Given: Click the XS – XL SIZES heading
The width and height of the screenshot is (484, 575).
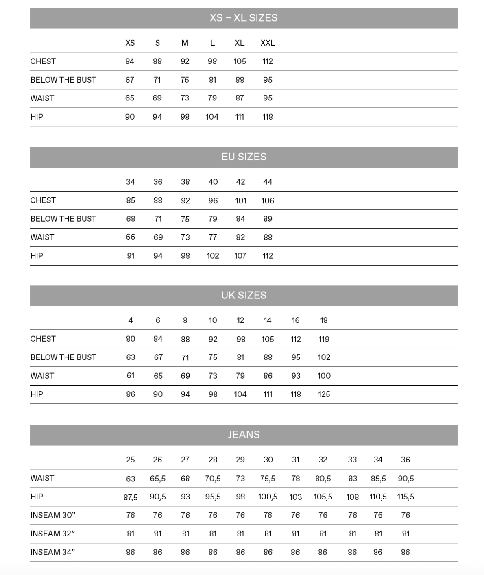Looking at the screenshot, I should (243, 18).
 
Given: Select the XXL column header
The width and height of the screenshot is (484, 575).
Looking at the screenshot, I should (268, 43).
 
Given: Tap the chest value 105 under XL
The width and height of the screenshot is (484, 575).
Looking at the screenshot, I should (240, 61).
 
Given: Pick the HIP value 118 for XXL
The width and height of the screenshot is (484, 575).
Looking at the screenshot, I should (268, 117).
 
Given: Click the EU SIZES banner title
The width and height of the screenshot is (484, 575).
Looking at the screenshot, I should (244, 157).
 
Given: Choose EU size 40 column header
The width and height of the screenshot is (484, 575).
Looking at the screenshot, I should (213, 182).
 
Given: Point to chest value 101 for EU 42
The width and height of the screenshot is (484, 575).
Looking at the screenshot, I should (240, 200).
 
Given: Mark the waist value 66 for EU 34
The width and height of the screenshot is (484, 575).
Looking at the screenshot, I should (130, 237).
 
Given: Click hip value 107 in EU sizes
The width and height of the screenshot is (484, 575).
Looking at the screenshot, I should (240, 256).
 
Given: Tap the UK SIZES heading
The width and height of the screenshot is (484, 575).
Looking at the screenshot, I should (244, 296).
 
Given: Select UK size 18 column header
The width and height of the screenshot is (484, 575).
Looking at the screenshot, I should (324, 320).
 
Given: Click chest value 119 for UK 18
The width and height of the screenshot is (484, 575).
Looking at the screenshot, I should (324, 339).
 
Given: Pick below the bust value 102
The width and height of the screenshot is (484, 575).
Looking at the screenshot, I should (324, 357).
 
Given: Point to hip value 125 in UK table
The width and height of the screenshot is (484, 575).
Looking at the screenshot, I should (324, 394).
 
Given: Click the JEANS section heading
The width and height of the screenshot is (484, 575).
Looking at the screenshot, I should (244, 435).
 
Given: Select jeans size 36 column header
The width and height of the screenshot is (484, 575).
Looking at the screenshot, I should (406, 460).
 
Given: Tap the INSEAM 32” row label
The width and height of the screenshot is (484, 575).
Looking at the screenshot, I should (52, 534).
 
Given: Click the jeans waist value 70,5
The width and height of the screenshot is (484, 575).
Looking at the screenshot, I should (213, 479).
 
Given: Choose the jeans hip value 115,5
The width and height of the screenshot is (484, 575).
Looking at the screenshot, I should (406, 497).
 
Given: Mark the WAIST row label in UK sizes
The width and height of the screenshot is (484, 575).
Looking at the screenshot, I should (42, 376).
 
